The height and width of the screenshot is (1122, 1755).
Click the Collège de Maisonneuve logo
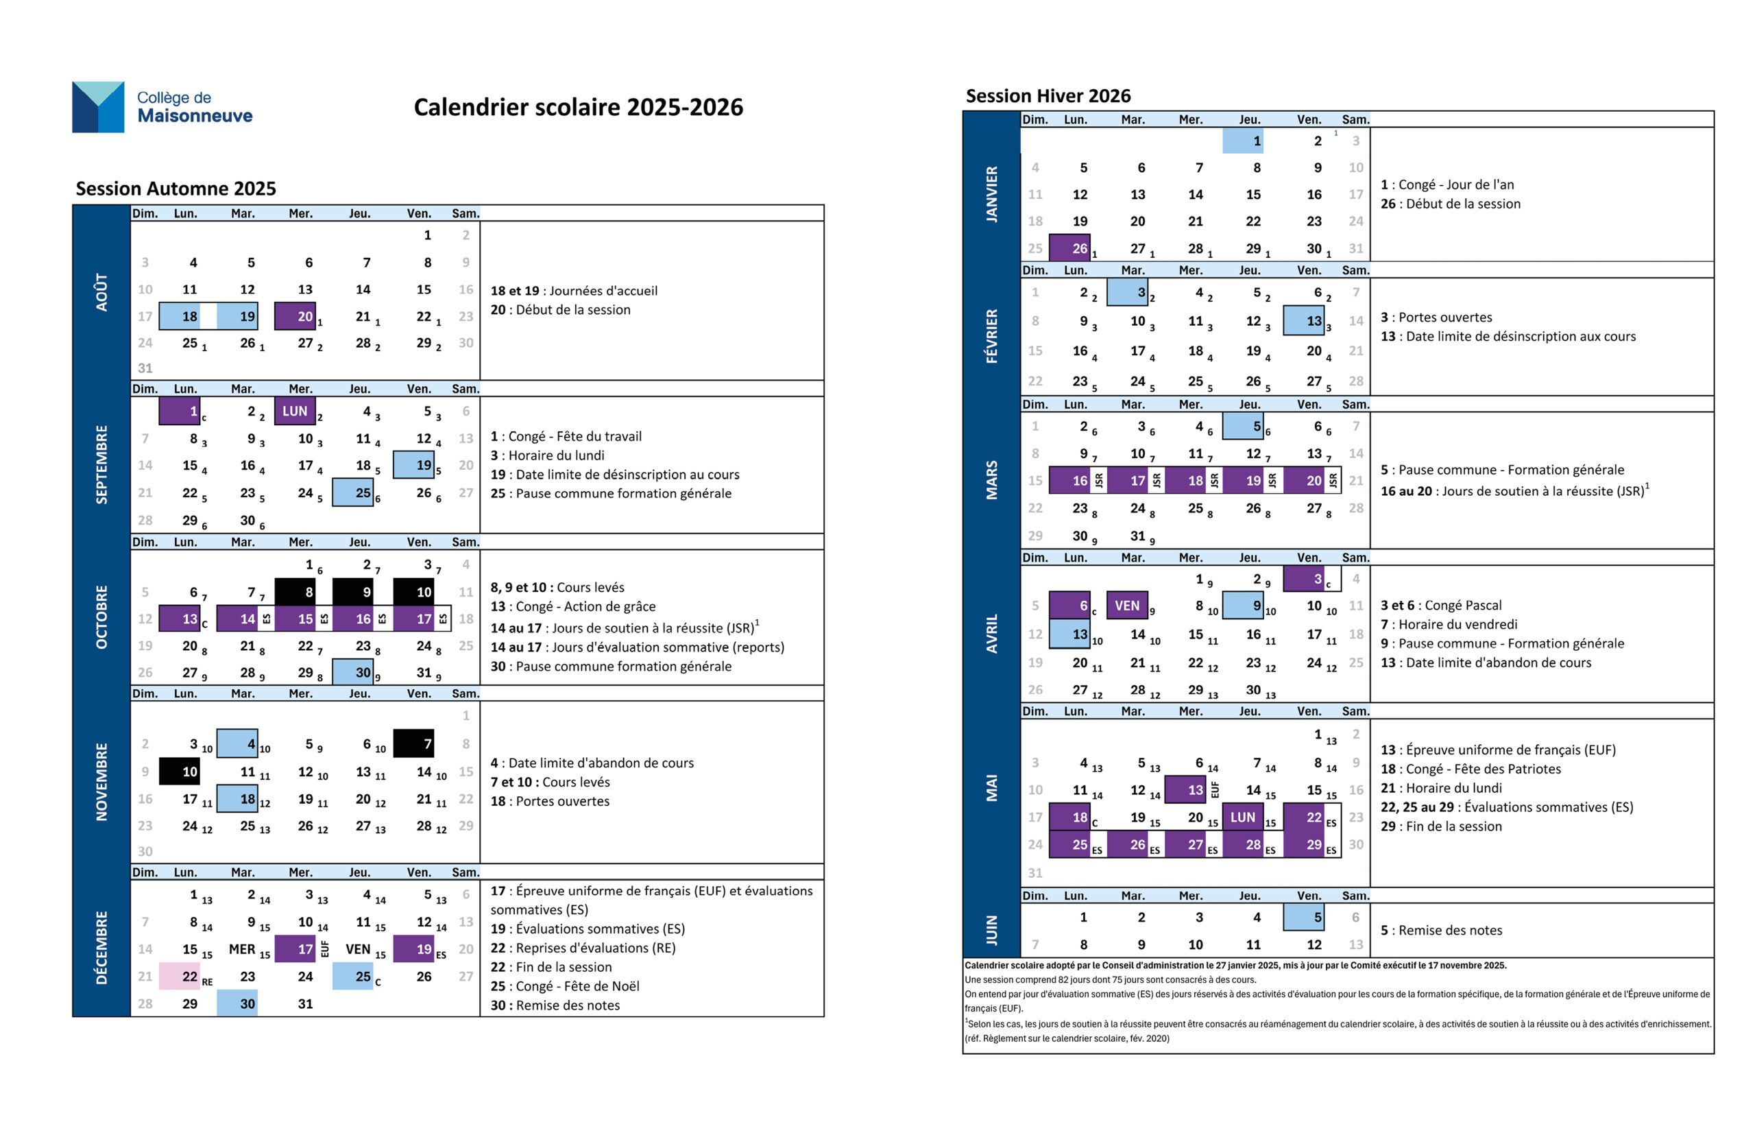162,107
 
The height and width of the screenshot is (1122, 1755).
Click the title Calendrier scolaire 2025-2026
578,107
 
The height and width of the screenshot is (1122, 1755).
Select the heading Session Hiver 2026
1048,95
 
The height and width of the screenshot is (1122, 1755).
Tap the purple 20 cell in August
295,316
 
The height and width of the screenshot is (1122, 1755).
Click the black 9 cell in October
354,592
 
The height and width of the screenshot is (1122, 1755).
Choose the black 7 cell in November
413,743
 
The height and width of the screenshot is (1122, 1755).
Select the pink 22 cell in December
180,976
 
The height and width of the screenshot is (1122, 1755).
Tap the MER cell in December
242,949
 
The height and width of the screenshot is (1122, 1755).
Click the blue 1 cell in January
1243,141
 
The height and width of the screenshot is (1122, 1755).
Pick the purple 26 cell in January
1069,248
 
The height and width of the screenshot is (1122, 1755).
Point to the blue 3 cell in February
1127,292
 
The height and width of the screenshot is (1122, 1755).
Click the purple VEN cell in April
1127,605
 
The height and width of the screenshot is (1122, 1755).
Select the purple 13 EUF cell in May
1185,789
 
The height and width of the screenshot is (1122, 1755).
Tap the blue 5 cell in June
1303,917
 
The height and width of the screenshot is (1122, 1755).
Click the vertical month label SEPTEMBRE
101,464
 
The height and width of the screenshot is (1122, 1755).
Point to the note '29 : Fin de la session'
1440,826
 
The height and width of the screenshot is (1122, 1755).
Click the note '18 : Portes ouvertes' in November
550,800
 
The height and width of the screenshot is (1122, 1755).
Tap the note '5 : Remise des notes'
1441,930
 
